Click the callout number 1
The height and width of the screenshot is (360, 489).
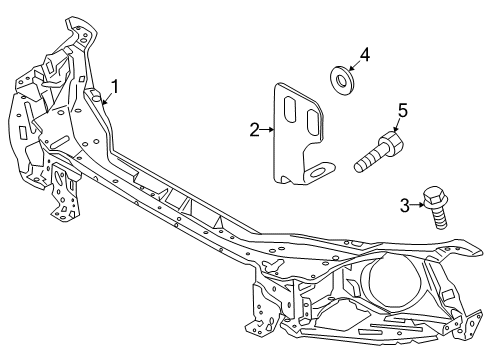[115, 86]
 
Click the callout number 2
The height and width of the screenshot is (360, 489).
[254, 127]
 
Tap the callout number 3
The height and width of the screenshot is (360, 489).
[404, 205]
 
